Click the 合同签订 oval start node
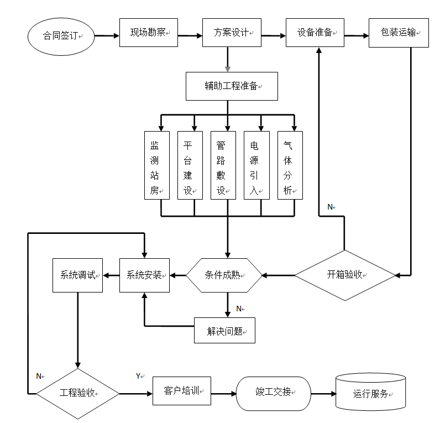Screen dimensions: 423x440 61,37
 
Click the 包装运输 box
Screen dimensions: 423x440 399,33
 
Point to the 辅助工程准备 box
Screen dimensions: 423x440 231,86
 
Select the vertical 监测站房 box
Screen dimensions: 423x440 155,165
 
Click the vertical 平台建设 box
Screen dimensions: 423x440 188,165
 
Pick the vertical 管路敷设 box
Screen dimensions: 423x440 221,165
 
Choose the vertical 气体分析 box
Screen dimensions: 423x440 289,165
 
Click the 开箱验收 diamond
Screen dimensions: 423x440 345,274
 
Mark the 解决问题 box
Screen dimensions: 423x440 224,331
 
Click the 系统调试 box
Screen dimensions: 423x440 77,275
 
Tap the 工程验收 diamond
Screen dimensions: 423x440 77,394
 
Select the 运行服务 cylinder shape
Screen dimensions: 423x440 370,394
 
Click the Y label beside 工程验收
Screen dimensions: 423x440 138,376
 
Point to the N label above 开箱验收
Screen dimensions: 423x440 330,207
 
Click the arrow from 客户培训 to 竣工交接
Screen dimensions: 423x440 223,394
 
